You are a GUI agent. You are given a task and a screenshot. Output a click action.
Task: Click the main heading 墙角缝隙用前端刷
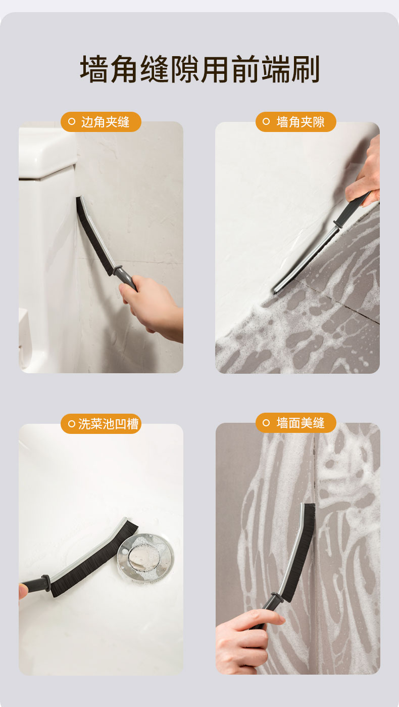tap(200, 69)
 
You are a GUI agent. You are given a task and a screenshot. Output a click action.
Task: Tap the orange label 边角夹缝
tap(101, 122)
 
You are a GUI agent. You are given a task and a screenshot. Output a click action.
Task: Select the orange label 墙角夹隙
tap(295, 122)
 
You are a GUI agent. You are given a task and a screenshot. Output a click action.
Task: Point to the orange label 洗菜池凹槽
tap(101, 424)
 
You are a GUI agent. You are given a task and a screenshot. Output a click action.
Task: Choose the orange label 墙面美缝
tap(295, 423)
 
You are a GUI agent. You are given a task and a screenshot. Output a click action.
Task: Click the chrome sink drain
tap(145, 557)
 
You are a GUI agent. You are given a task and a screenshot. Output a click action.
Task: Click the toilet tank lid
tap(47, 153)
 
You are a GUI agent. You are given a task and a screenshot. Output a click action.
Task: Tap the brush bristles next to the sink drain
tap(94, 559)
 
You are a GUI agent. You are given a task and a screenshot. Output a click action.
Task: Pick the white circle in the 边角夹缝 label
tap(72, 121)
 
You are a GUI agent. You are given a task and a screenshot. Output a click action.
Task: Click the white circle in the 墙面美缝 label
tap(266, 423)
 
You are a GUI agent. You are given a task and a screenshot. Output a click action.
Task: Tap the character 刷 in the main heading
tap(305, 69)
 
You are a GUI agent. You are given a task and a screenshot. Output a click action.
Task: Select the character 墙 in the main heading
tap(94, 69)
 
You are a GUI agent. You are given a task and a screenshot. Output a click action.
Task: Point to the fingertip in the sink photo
tap(23, 590)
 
